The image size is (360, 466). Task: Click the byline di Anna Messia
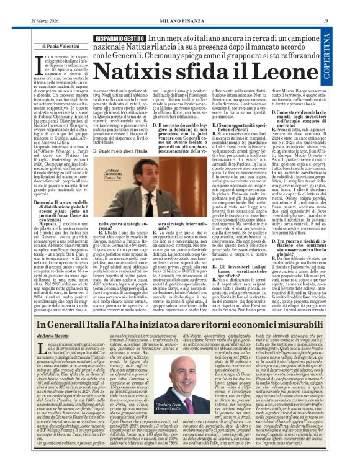(x=56, y=335)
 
